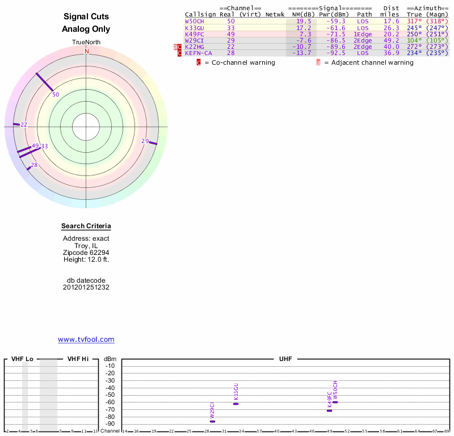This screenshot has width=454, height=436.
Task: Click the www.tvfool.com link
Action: (86, 339)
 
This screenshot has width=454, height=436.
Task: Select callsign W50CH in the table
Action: (194, 21)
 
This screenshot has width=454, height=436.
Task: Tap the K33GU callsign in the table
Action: (194, 27)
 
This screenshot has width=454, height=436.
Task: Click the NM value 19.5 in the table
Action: (304, 21)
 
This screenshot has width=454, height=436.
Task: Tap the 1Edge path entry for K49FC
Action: (363, 34)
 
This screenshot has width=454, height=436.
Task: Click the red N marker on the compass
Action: (87, 51)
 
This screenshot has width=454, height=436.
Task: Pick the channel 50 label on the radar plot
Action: (56, 95)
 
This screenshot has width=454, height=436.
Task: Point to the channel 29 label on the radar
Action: (145, 141)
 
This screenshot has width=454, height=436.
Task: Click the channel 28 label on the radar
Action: (34, 165)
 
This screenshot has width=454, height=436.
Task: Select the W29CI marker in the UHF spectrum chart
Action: (212, 421)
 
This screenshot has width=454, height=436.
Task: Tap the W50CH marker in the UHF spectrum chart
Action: (335, 402)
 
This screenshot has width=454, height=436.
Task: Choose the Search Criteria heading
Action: (86, 227)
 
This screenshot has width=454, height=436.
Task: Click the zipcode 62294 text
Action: (86, 253)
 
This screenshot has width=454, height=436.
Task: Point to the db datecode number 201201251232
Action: (86, 287)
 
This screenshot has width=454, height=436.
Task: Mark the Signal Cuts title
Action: (86, 17)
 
